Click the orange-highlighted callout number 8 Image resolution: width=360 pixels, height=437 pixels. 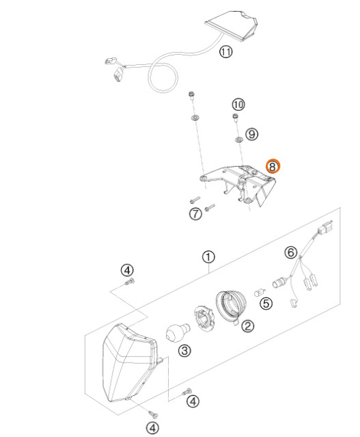coord(273,166)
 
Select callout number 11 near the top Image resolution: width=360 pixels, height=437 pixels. coord(225,52)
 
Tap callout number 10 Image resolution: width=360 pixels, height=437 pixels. coord(238,105)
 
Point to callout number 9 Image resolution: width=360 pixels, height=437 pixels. coord(251,134)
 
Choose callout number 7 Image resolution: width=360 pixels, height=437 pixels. coord(195,214)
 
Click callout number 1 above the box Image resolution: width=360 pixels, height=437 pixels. coord(208,257)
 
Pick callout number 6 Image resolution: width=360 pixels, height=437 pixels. coord(291,252)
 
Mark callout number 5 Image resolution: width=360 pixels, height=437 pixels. coord(266,303)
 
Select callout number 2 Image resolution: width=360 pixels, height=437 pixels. coord(247,326)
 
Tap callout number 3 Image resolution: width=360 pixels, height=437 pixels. coord(185,350)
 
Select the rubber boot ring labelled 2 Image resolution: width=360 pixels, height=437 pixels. coord(230,306)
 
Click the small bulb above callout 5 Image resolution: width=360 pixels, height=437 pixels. coord(260,293)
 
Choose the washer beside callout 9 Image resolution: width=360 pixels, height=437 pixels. coord(238,140)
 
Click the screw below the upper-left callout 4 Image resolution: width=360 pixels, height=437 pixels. coord(130,282)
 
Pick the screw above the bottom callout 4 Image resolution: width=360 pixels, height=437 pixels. coord(152,414)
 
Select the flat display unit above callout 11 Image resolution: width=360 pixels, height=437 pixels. coord(232,25)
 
